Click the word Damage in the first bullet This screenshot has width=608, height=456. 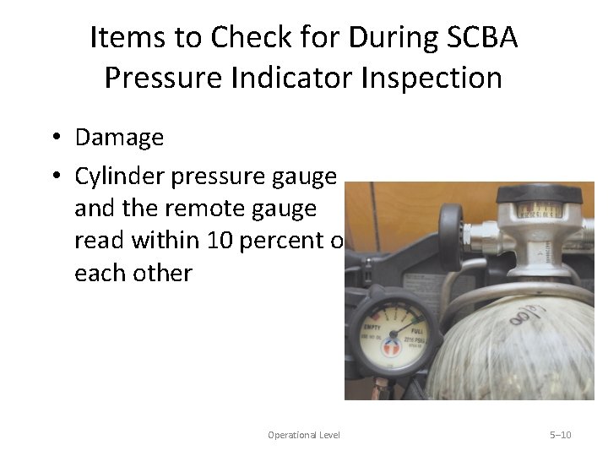(119, 137)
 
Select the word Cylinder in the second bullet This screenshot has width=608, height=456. (119, 176)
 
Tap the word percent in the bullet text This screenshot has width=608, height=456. (285, 241)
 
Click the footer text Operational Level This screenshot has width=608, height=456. (304, 435)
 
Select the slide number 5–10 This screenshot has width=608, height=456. (561, 435)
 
